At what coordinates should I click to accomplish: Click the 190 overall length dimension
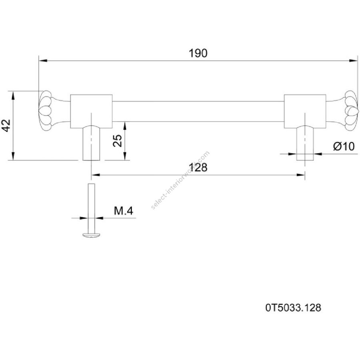[198, 53]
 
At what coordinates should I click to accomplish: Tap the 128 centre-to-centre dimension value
[198, 167]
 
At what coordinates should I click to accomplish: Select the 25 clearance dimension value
[118, 140]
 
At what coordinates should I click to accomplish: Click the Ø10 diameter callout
[344, 146]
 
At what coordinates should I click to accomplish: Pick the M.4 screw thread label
[124, 211]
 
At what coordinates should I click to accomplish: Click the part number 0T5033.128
[293, 308]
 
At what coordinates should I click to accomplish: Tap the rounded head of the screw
[91, 235]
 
